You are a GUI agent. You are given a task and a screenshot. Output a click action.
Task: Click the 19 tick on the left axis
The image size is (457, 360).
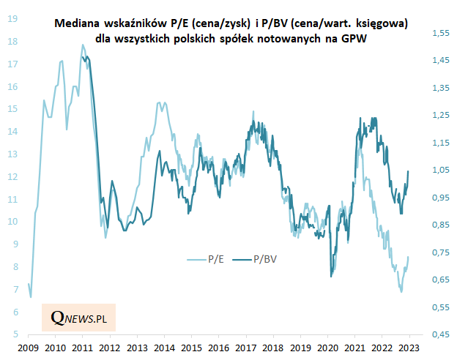13,19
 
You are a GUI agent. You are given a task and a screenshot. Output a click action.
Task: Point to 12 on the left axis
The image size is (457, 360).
13,176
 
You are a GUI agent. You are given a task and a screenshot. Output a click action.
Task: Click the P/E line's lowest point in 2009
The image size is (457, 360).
31,296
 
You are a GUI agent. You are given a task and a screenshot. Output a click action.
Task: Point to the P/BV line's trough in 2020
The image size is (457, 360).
332,276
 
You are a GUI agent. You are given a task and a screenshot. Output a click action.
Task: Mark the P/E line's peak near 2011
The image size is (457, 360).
83,45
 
